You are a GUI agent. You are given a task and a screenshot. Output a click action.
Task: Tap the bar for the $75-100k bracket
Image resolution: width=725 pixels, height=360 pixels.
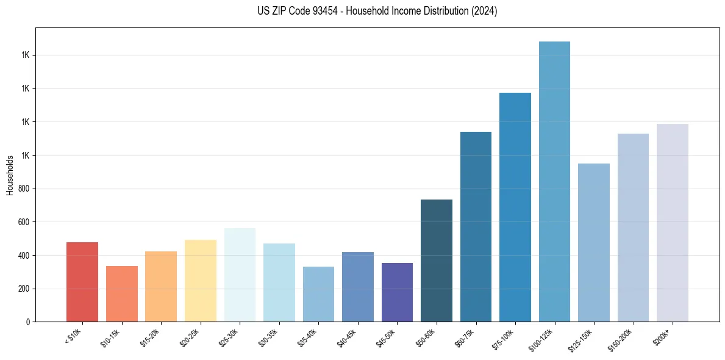click(x=515, y=207)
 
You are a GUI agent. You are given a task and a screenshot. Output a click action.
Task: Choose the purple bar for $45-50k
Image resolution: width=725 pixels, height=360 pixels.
click(x=397, y=292)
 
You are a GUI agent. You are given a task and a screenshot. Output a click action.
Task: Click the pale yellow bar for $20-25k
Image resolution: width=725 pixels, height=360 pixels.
click(x=201, y=281)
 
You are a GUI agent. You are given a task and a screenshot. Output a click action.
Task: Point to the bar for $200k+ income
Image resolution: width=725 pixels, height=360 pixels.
click(x=673, y=223)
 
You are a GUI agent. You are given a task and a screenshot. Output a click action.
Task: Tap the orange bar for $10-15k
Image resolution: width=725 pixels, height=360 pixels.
click(x=122, y=293)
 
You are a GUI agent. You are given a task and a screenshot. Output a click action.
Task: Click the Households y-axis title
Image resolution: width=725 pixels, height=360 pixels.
click(x=10, y=175)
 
